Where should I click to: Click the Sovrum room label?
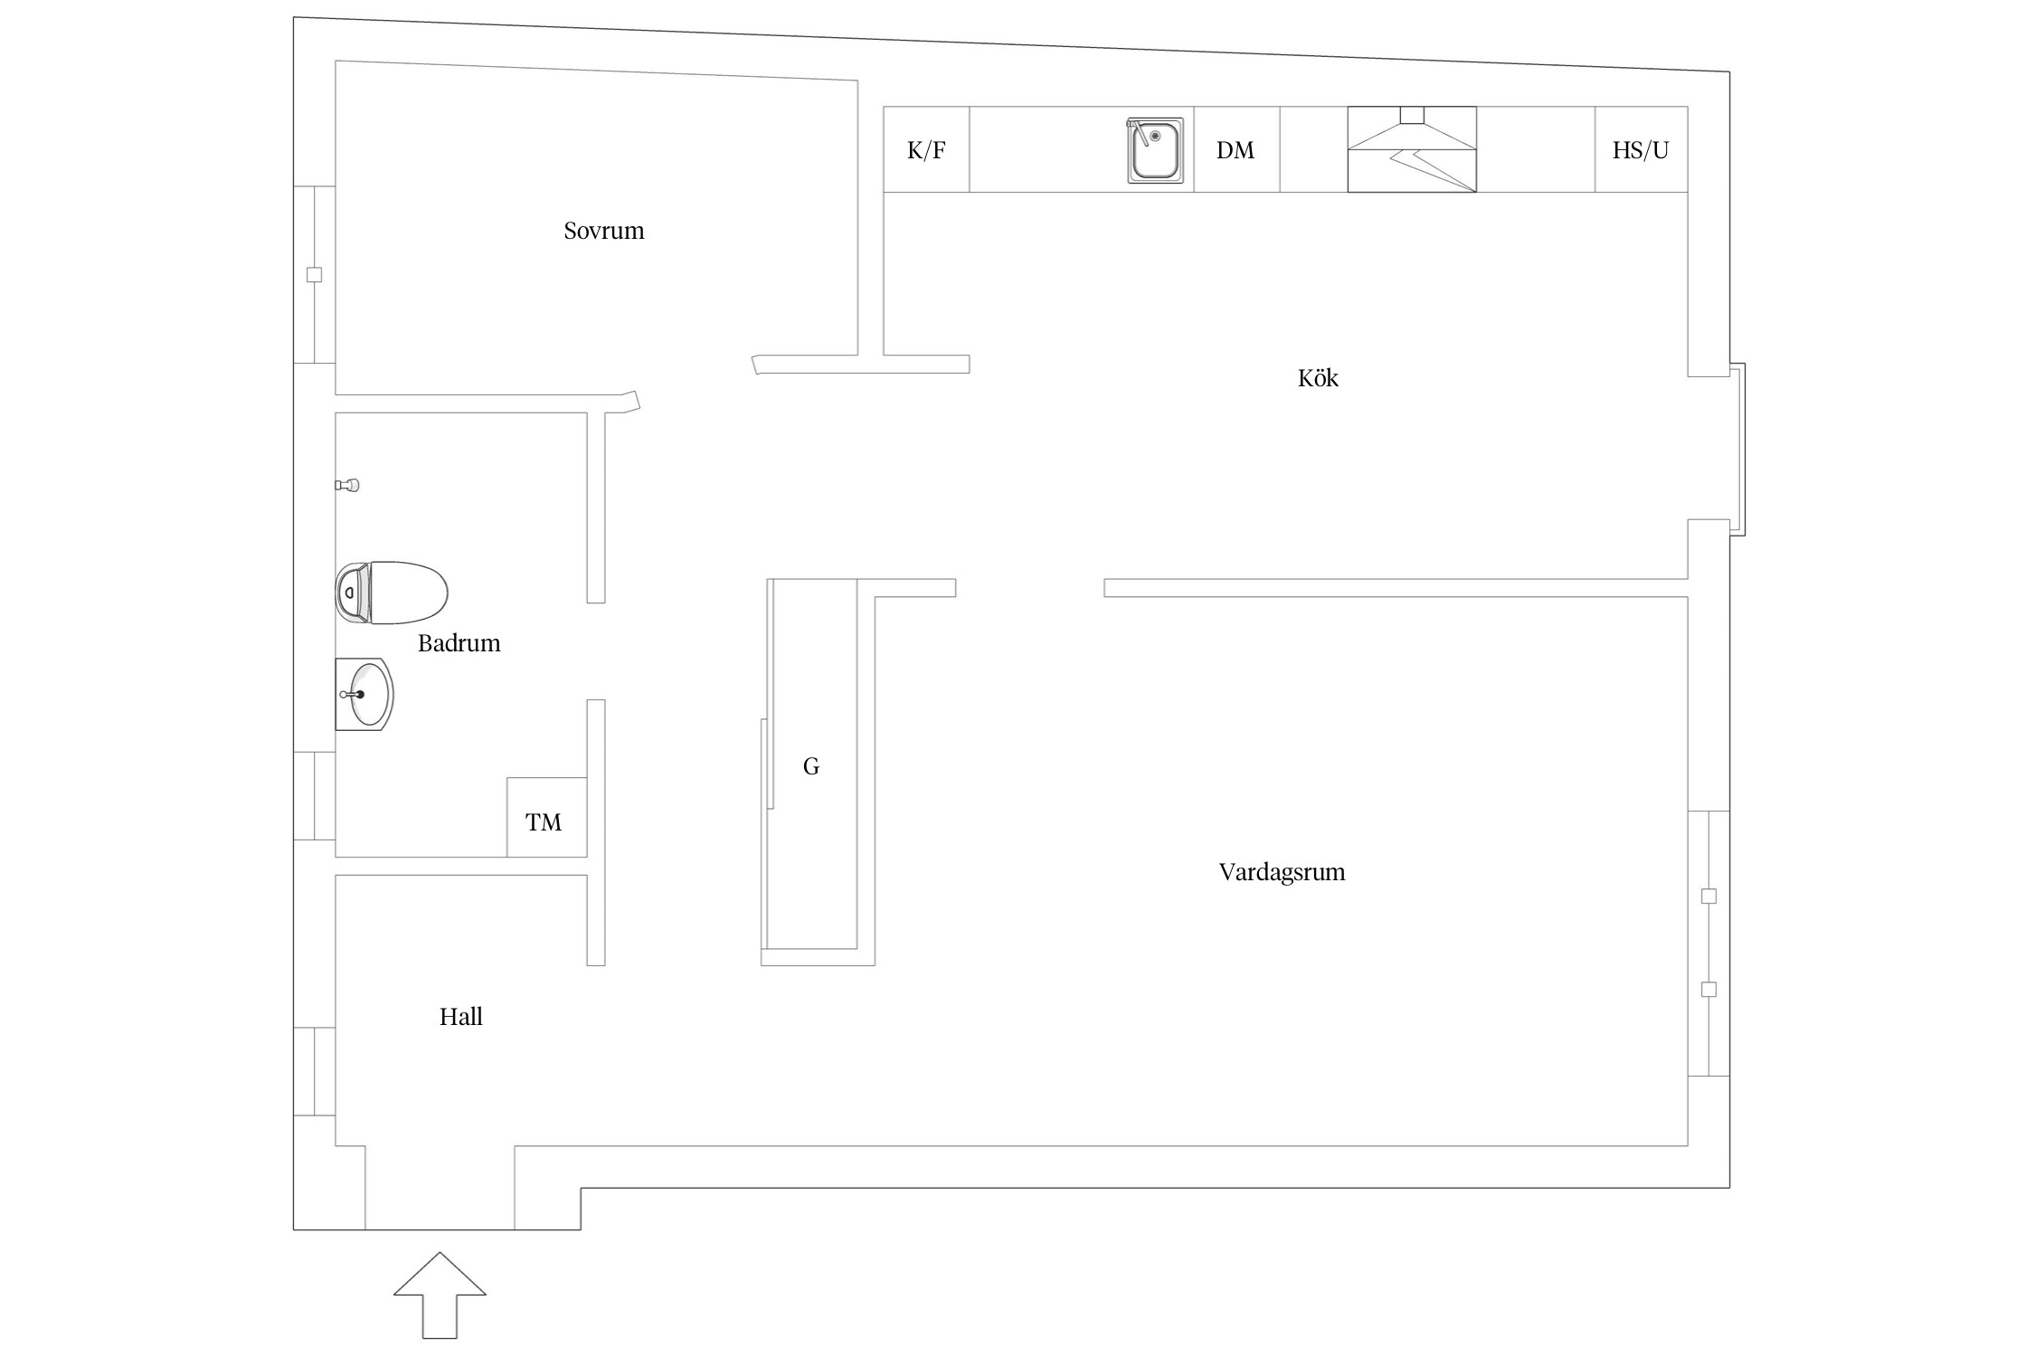pos(603,231)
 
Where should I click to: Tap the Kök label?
pos(1318,377)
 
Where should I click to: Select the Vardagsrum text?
pos(1282,872)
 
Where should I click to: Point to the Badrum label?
pos(459,643)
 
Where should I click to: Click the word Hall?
pos(460,1017)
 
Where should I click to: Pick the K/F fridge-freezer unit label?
pos(926,150)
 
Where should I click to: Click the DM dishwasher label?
pos(1235,150)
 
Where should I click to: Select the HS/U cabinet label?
pos(1640,150)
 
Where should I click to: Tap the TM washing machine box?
pos(546,817)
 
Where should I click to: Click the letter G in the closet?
pos(811,767)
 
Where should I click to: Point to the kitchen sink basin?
pos(1155,150)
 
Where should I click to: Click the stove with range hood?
pos(1412,149)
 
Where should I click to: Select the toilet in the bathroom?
pos(392,593)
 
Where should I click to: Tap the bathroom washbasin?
pos(364,694)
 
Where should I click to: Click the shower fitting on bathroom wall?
pos(347,486)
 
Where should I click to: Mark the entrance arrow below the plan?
pos(440,1295)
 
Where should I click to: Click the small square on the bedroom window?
pos(314,275)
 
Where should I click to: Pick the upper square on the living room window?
pos(1708,897)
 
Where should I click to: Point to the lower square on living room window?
pos(1708,990)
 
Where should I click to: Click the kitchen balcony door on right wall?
pos(1737,450)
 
